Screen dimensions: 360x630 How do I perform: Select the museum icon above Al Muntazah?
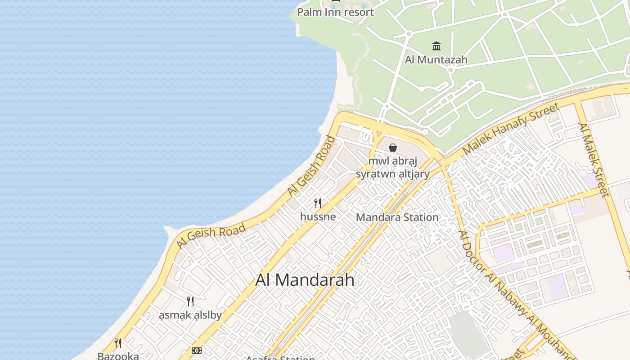point(436,46)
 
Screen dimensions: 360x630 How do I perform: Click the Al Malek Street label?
point(594,160)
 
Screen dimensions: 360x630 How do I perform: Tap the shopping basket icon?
point(393,147)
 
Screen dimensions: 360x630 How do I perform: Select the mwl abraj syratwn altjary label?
point(393,167)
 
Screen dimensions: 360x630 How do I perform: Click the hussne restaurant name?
point(318,216)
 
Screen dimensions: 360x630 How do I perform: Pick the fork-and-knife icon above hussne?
point(318,203)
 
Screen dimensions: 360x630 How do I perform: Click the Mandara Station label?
point(397,217)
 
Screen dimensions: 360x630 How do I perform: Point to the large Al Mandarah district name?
point(305,280)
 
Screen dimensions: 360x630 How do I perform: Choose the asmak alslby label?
point(190,315)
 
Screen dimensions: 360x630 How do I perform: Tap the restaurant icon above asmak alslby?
point(190,301)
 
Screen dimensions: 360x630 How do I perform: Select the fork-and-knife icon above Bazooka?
point(118,343)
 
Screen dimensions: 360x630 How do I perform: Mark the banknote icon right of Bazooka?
point(196,350)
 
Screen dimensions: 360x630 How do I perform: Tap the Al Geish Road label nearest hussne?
point(312,165)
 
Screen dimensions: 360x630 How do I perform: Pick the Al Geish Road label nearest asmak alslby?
point(211,236)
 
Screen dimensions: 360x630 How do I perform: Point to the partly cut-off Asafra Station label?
point(280,358)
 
